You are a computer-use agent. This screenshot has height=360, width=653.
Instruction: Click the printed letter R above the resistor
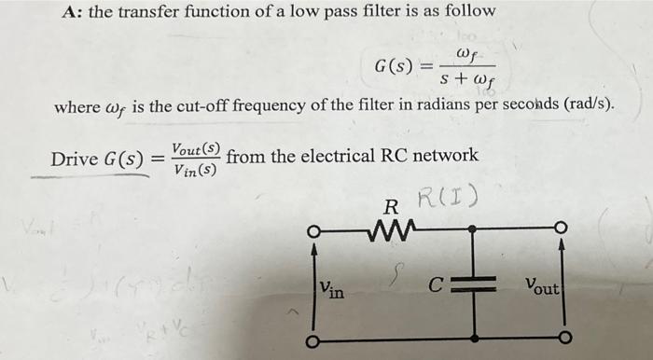pos(392,205)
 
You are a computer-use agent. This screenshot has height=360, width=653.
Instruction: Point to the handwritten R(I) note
pos(448,198)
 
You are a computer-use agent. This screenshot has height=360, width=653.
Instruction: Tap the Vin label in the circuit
pos(331,290)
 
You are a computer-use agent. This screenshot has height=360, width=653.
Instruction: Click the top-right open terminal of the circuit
pos(562,228)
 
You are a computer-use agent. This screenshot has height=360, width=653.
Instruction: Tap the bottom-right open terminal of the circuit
pos(563,339)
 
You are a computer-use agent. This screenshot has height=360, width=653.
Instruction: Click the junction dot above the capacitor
pos(475,229)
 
